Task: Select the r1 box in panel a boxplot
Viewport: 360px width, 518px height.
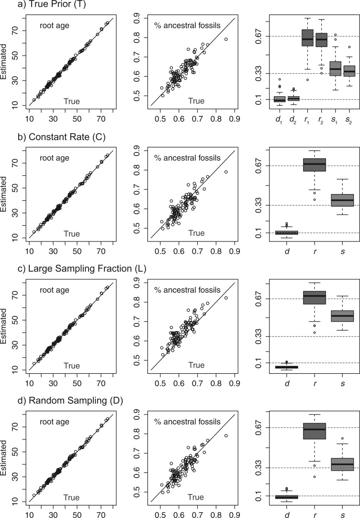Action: (x=307, y=38)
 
